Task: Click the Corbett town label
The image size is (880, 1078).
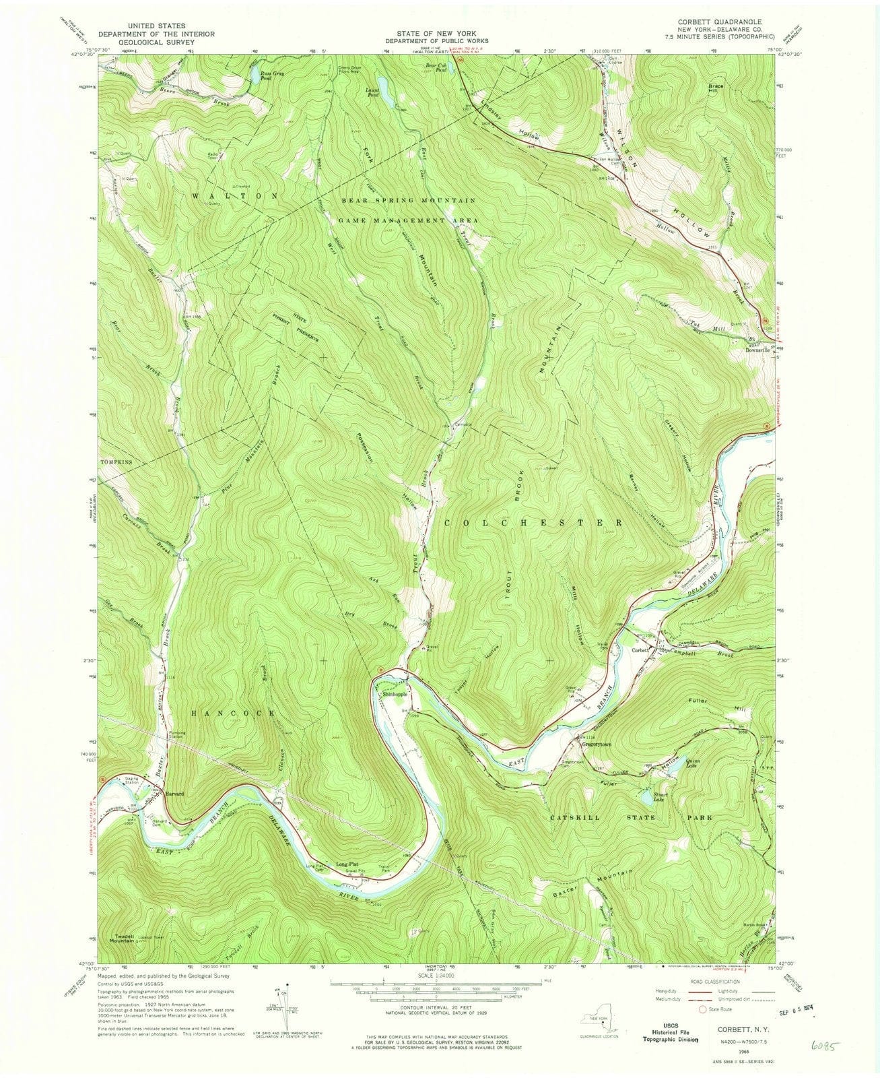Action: click(x=640, y=650)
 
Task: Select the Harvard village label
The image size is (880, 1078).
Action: click(x=174, y=792)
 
